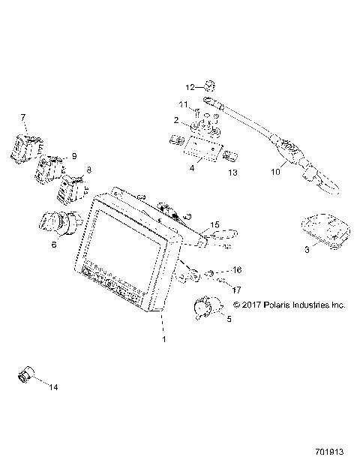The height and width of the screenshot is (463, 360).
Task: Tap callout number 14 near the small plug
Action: (52, 386)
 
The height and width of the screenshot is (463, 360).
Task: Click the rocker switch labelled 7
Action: (24, 146)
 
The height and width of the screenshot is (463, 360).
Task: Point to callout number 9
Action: (73, 155)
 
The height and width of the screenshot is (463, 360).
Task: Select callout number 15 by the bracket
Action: (214, 224)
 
